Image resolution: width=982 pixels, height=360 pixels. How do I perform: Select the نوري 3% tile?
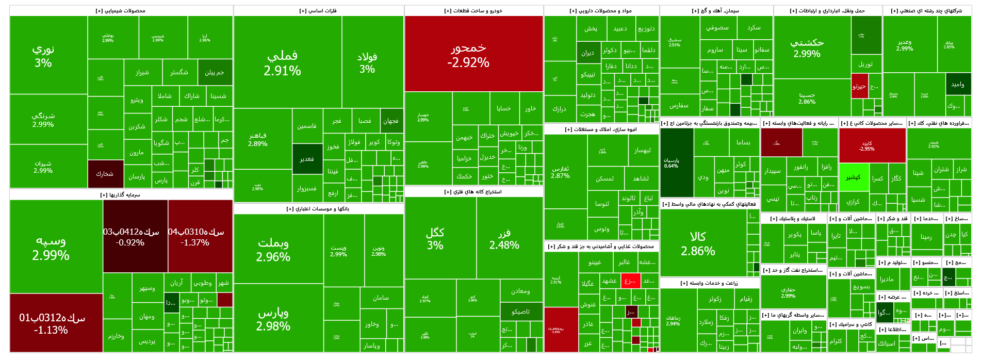43,55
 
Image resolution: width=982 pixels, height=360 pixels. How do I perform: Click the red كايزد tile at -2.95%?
872,146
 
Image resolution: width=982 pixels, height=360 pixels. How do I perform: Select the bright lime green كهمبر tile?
854,177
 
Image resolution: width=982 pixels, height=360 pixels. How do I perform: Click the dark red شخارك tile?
105,174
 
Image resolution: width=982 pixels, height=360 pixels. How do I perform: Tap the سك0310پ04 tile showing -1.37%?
200,236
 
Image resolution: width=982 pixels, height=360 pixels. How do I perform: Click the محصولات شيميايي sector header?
121,11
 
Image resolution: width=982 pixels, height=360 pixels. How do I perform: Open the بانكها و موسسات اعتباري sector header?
318,209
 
